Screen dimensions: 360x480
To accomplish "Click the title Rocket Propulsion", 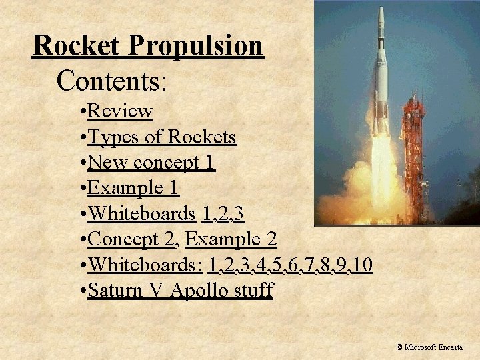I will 148,46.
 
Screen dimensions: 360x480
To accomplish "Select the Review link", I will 120,111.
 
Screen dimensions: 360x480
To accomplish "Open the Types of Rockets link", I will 162,137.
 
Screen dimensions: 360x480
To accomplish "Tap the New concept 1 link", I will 151,162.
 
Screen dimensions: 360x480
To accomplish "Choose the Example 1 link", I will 133,188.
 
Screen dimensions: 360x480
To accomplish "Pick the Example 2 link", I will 231,239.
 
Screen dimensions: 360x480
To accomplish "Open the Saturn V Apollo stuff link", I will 180,291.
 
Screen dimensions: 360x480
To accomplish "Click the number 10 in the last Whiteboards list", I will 362,265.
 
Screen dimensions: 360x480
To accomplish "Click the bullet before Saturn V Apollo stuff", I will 81,291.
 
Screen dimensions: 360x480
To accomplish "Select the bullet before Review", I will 81,111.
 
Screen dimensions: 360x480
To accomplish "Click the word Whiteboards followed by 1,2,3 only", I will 141,213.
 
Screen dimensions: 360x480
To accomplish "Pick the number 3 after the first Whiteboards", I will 238,213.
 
